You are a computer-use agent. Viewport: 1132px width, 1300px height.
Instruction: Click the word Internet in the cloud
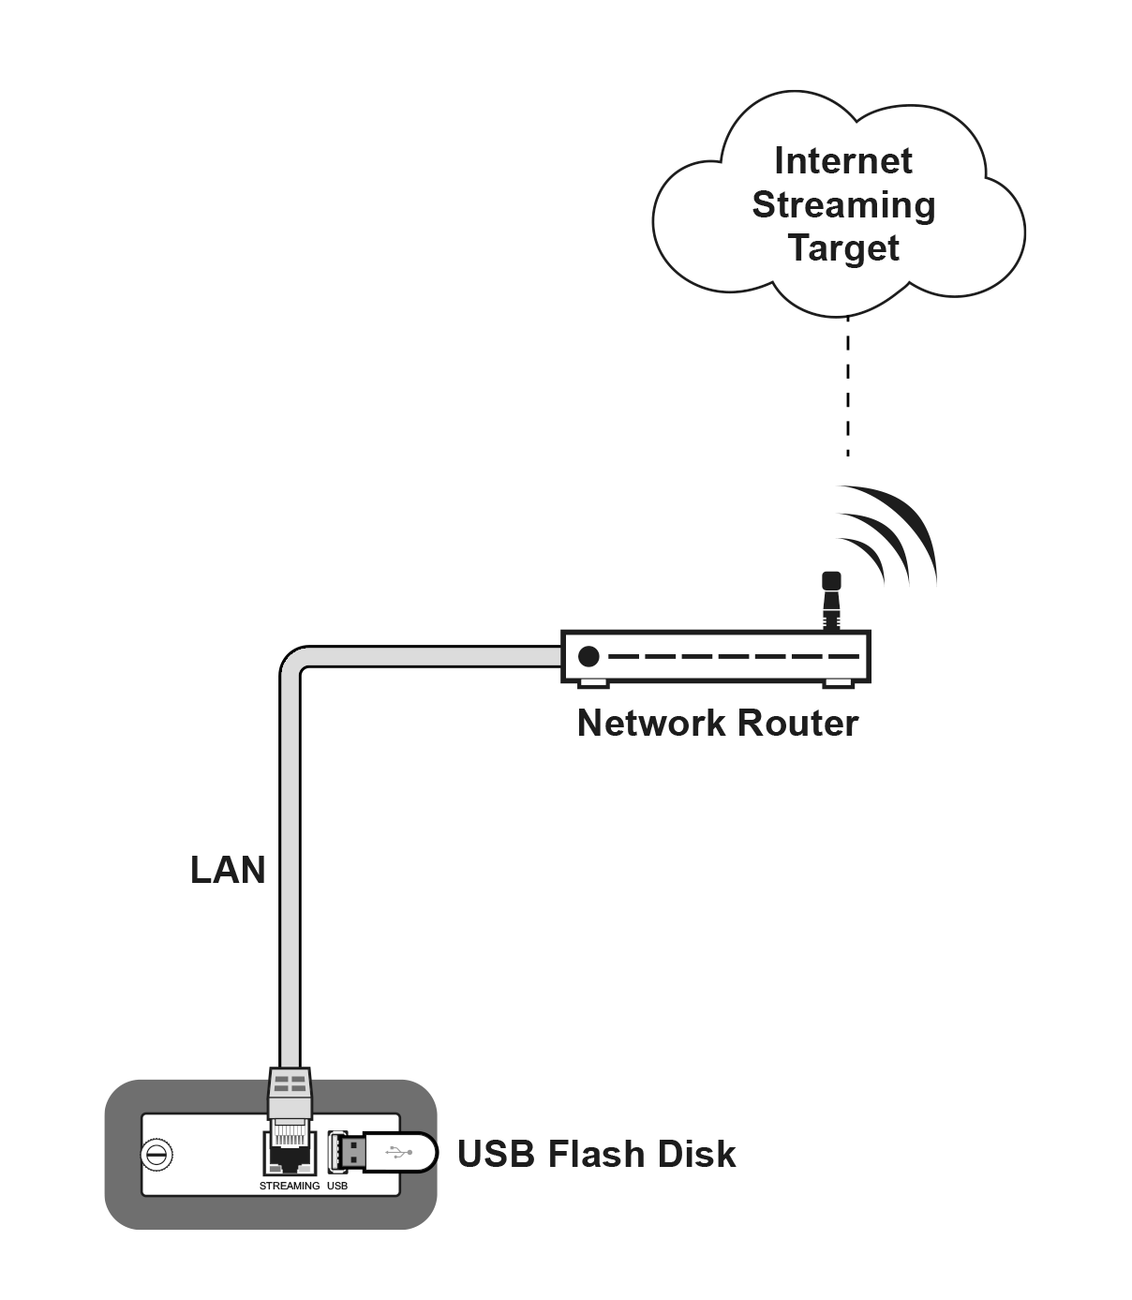click(843, 161)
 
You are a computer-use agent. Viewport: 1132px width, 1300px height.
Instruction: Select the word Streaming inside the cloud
click(843, 206)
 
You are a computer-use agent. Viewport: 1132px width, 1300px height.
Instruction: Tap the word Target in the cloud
click(843, 248)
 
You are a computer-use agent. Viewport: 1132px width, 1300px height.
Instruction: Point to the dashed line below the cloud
click(847, 387)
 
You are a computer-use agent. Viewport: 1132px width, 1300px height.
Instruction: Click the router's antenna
click(831, 601)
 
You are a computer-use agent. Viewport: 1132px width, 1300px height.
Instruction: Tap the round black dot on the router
click(588, 656)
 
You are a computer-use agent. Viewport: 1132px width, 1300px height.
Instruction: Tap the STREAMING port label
click(289, 1186)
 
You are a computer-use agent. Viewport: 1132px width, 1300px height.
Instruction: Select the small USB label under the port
click(337, 1186)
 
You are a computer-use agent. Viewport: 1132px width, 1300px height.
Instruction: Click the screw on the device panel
click(156, 1155)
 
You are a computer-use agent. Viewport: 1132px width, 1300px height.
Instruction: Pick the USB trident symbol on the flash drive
click(399, 1151)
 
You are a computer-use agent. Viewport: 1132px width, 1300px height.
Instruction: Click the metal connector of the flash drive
click(350, 1152)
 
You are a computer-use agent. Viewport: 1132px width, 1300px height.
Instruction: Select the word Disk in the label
click(696, 1154)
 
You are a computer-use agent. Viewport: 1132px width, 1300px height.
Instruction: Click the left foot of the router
click(593, 684)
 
